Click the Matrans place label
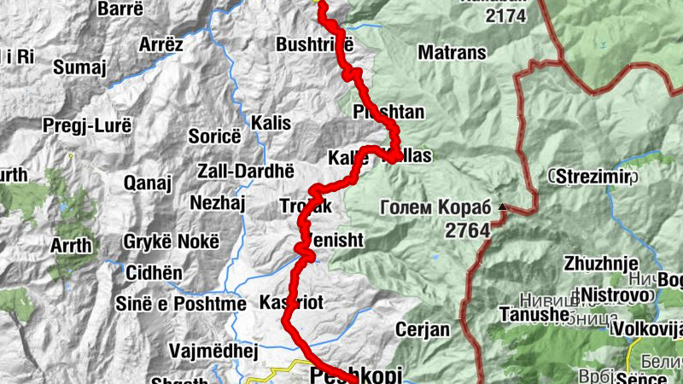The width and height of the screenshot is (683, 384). click(452, 53)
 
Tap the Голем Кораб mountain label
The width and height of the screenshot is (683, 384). click(435, 207)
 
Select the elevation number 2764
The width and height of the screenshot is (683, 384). click(466, 230)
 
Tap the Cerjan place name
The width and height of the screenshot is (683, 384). click(422, 329)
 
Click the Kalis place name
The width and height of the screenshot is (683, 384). click(271, 123)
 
